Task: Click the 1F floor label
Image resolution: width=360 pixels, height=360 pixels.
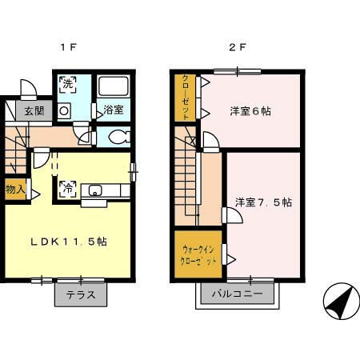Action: tap(68, 46)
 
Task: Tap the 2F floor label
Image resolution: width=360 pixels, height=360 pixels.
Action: tap(238, 46)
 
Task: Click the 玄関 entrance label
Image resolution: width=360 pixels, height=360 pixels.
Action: tap(34, 111)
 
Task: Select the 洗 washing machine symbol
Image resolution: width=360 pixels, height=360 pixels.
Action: tap(66, 84)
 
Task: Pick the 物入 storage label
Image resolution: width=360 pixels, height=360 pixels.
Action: tap(14, 190)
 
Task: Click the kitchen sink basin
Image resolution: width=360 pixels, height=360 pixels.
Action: tap(95, 190)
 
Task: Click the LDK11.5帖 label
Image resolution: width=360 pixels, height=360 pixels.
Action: tap(70, 241)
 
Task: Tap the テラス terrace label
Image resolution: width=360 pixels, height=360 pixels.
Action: tap(80, 294)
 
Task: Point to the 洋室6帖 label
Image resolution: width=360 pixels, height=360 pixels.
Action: tap(251, 111)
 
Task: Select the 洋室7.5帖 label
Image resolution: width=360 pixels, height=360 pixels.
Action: tap(263, 202)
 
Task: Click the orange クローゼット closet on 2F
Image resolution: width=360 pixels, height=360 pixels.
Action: tap(185, 98)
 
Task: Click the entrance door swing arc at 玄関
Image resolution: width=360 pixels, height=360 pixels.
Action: tap(26, 89)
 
